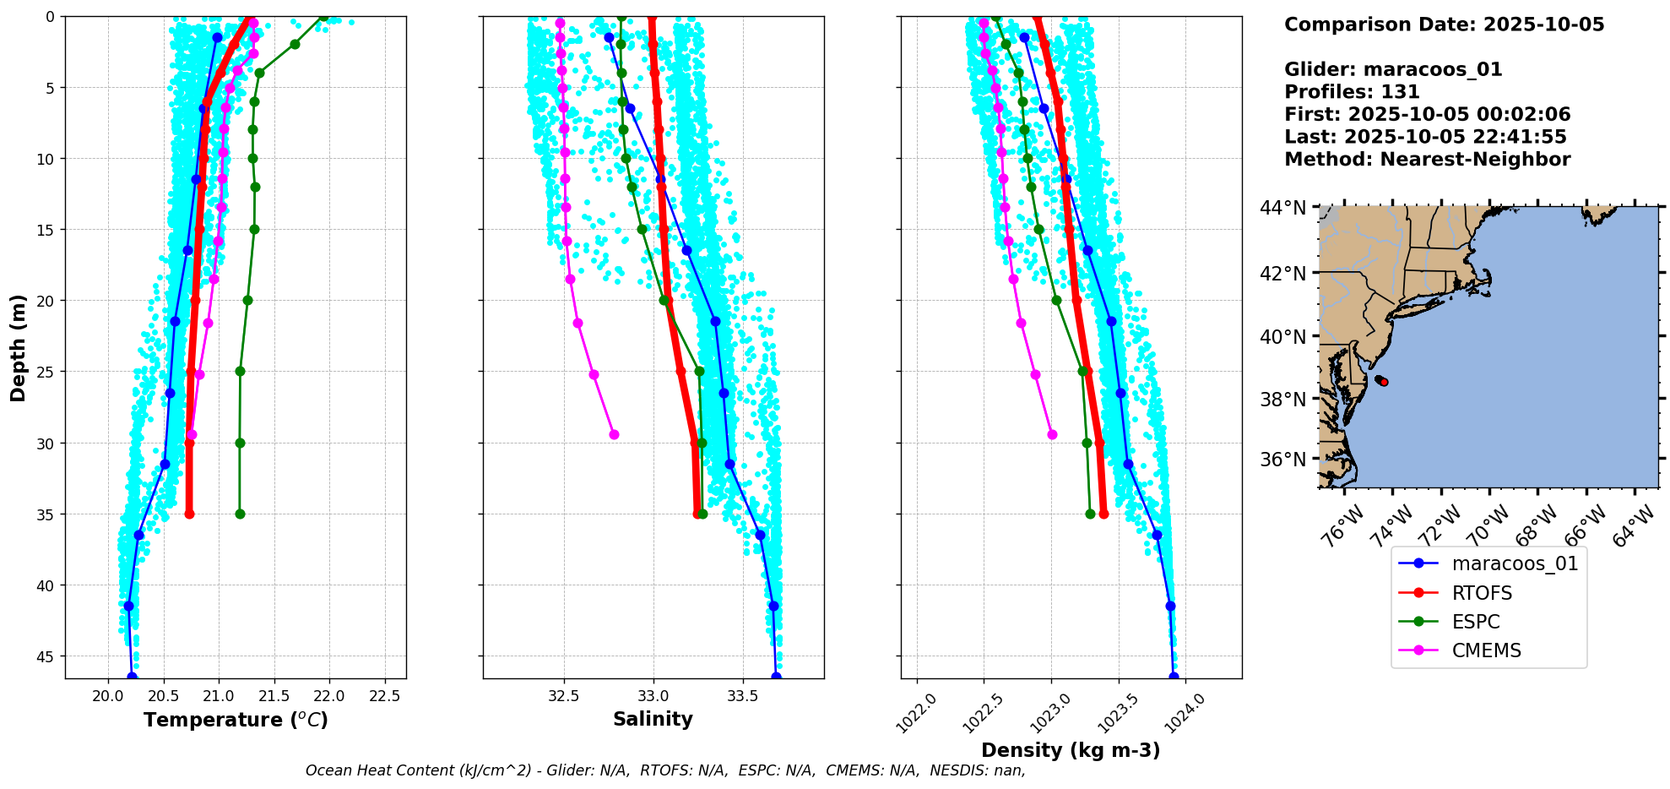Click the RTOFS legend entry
click(x=1482, y=593)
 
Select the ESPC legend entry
click(x=1476, y=622)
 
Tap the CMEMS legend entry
click(x=1486, y=650)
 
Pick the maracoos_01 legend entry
click(x=1515, y=563)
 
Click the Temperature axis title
click(x=236, y=720)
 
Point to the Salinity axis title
click(x=653, y=720)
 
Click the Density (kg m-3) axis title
click(x=1071, y=750)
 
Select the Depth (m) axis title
click(x=19, y=347)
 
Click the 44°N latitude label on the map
click(x=1282, y=208)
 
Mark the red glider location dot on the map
click(x=1384, y=383)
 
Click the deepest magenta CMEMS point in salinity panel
click(x=614, y=434)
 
